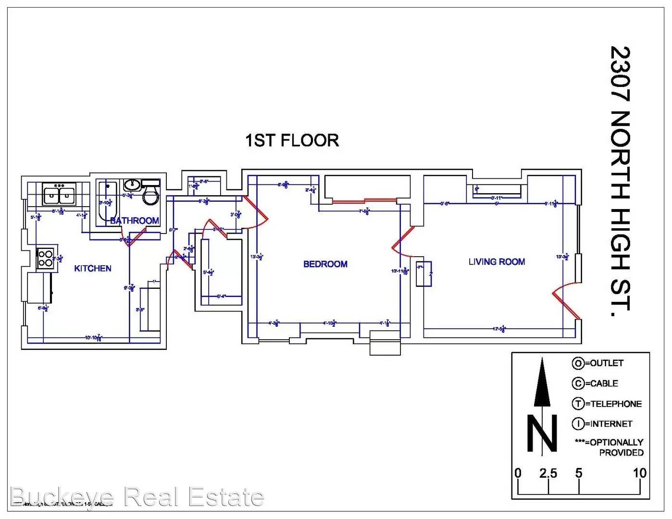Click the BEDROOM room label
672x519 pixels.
tap(325, 264)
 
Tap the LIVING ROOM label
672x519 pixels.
tap(497, 262)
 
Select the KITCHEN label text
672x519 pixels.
tap(93, 268)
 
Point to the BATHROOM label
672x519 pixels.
tap(135, 221)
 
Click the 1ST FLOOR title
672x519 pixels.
tap(292, 140)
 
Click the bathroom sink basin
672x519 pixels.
tap(132, 185)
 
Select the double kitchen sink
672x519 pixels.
tap(59, 195)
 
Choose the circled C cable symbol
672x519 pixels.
tap(578, 383)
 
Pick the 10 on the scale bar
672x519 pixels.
tap(639, 473)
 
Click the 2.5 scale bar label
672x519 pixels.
tap(548, 473)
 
